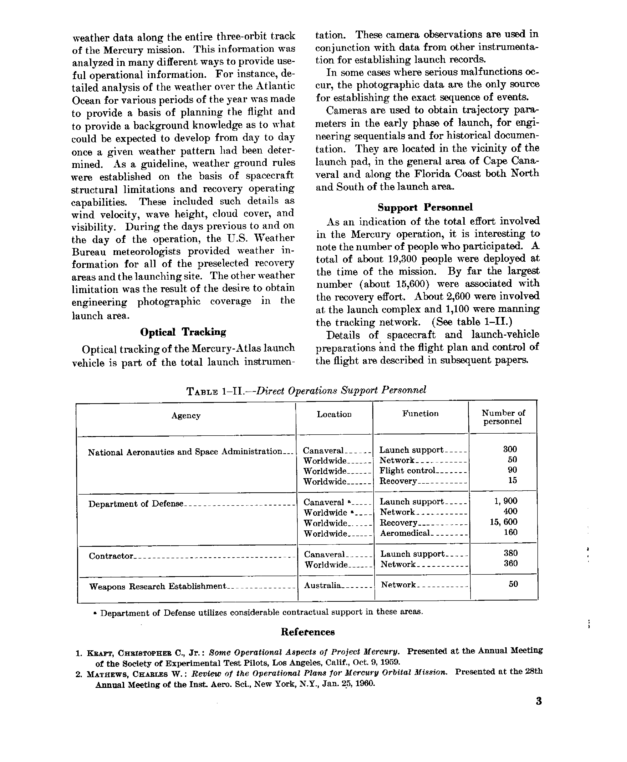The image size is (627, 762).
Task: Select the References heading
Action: coord(308,632)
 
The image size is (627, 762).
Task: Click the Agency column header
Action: coord(186,415)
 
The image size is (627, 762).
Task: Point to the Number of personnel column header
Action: coord(503,417)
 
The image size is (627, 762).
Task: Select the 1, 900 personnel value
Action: coord(505,501)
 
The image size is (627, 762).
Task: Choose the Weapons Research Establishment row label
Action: coord(157,586)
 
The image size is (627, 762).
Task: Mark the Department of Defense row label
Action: coord(136,504)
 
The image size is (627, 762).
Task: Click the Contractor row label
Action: coord(111,556)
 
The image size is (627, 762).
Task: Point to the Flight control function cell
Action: coord(407,471)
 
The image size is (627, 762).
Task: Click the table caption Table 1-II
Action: coord(306,391)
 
